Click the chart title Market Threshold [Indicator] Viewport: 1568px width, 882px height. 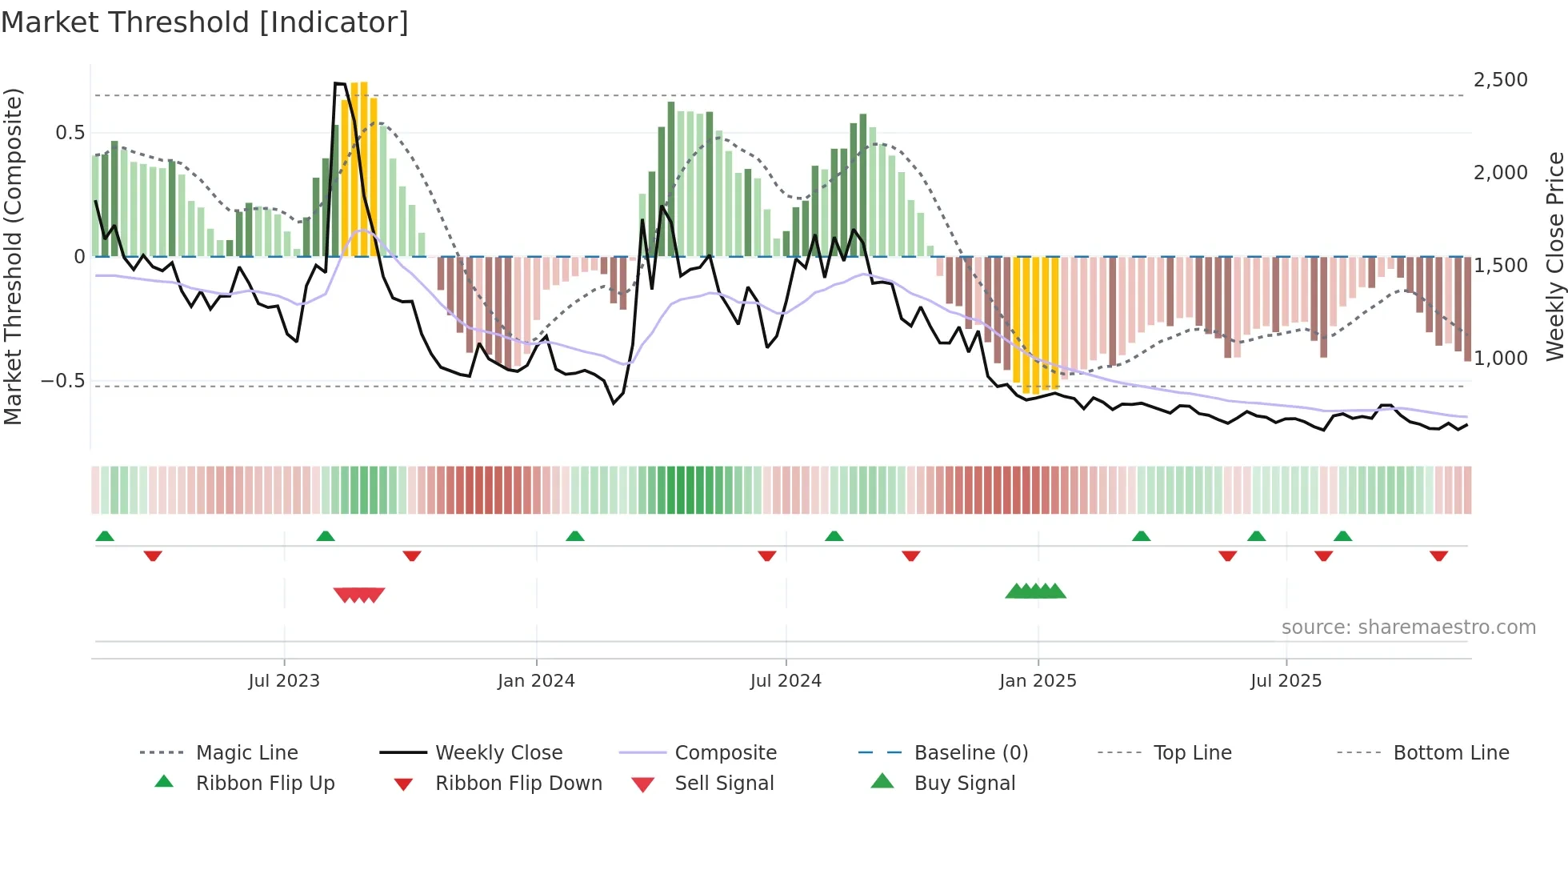point(205,22)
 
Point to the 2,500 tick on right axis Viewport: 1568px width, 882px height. point(1500,80)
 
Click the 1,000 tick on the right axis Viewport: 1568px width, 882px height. point(1500,359)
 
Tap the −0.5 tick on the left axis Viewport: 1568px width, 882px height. point(62,381)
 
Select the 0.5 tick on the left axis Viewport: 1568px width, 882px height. point(70,133)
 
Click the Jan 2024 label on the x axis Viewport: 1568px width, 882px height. point(536,681)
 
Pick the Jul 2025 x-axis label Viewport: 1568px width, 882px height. point(1286,681)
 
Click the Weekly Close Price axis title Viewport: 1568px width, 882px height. point(1554,256)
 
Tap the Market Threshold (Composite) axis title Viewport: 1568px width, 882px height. point(14,256)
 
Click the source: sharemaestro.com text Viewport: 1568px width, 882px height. point(1408,627)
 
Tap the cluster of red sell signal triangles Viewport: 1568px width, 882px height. point(359,595)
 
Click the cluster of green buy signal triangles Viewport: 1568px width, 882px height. point(1036,591)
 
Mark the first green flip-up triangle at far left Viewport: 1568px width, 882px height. point(105,536)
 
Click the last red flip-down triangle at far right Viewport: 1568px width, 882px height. point(1438,556)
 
